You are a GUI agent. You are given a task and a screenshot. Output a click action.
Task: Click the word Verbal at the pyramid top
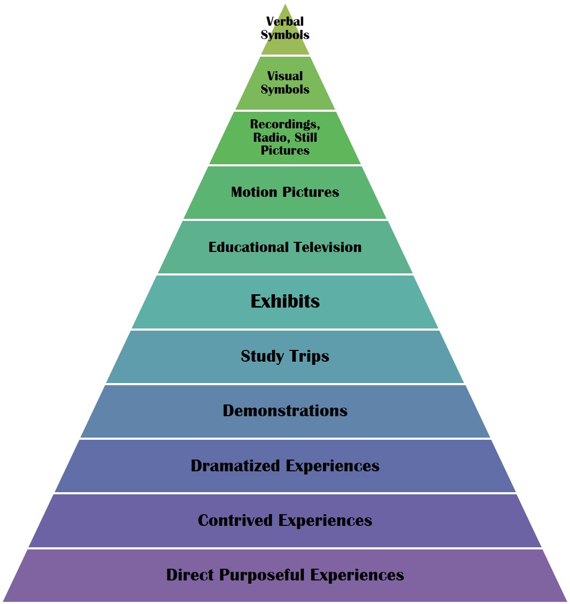coord(285,22)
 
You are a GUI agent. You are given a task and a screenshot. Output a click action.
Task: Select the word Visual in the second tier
coord(285,76)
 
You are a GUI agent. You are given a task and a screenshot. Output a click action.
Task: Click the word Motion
coord(254,192)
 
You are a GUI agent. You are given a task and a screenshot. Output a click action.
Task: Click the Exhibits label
coord(285,301)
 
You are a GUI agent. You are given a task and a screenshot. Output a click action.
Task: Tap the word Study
coord(262,356)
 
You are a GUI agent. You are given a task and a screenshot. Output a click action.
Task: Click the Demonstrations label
coord(285,411)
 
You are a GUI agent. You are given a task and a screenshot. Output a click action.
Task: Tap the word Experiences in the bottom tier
coord(358,576)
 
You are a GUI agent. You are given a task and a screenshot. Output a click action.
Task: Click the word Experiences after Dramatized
coord(333,467)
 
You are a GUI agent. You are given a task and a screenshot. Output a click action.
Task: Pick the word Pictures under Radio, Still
coord(285,151)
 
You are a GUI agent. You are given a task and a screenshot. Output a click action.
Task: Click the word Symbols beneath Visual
coord(285,89)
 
